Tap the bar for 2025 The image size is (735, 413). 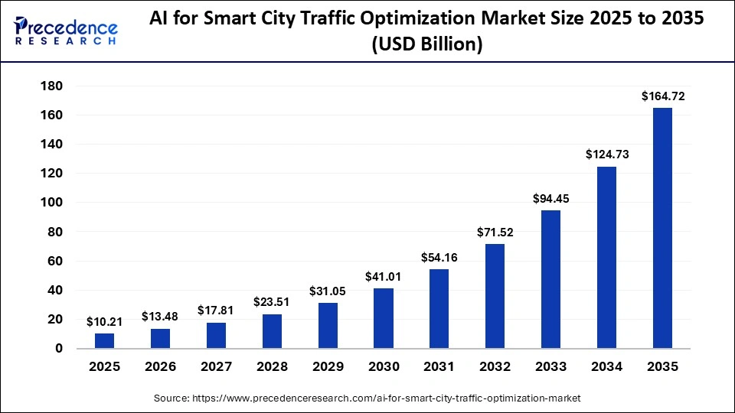pos(105,340)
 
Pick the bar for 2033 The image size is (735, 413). pos(550,279)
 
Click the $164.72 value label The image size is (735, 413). pos(662,96)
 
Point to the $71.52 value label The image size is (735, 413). pos(495,232)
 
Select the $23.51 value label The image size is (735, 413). pos(272,302)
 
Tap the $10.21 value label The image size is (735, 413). pos(105,321)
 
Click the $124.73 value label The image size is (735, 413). pos(606,154)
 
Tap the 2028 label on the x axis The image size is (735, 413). pos(272,367)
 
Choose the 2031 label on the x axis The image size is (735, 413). pos(439,367)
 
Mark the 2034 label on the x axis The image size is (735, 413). pos(606,367)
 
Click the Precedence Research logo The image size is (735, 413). pos(66,31)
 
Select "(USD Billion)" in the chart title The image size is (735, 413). pos(426,45)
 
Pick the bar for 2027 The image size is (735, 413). pos(217,335)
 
